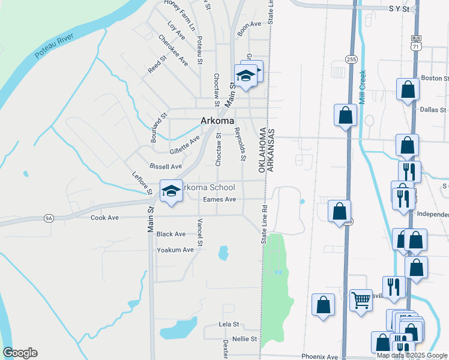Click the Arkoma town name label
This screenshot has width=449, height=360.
point(217,121)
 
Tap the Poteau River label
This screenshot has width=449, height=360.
point(54,46)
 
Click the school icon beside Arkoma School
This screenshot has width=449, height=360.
point(171,191)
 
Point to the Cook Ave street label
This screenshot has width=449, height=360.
point(104,217)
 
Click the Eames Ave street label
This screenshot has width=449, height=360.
point(219,199)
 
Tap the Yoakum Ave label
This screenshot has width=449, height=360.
point(175,250)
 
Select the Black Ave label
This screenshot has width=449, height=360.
point(171,234)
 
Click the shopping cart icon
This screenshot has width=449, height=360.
point(361,300)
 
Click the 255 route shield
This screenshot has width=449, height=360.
point(351,59)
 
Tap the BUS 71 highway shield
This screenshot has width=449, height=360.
point(416,42)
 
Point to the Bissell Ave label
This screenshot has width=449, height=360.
point(165,166)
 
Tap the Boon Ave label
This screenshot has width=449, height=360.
point(249,24)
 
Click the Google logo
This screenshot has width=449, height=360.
point(20,353)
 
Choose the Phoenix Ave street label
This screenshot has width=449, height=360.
point(320,356)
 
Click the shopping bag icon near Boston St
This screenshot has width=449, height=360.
point(408,90)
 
